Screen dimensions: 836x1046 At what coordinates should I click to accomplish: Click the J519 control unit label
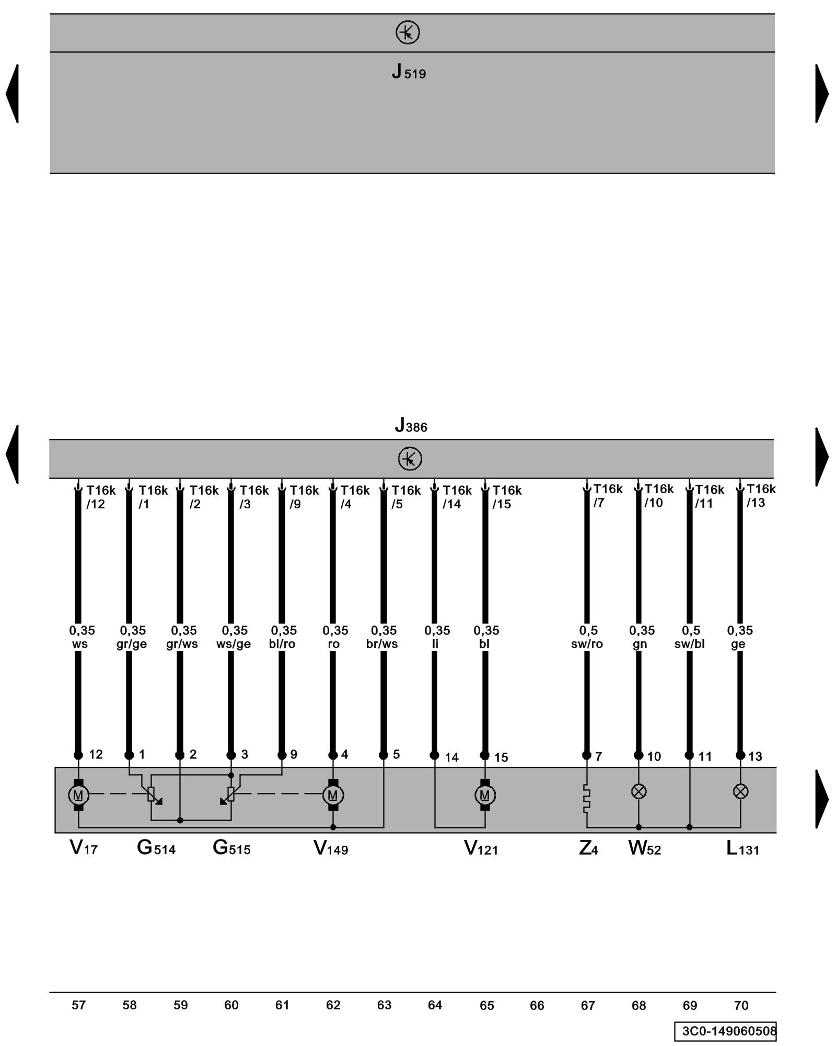pyautogui.click(x=409, y=72)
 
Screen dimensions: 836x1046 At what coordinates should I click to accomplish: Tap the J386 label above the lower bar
pyautogui.click(x=411, y=425)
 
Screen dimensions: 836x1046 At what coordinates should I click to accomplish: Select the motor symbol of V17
pyautogui.click(x=78, y=795)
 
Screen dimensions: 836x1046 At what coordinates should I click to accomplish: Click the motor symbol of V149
pyautogui.click(x=333, y=795)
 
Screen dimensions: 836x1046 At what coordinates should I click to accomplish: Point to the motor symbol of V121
pyautogui.click(x=485, y=795)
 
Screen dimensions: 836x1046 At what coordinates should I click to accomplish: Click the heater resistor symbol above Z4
pyautogui.click(x=586, y=798)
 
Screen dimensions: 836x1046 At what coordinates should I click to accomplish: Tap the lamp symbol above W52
pyautogui.click(x=638, y=792)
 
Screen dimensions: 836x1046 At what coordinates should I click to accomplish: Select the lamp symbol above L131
pyautogui.click(x=740, y=792)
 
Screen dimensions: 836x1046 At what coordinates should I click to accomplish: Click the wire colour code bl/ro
pyautogui.click(x=282, y=644)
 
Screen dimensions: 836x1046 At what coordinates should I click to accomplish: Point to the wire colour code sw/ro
pyautogui.click(x=587, y=644)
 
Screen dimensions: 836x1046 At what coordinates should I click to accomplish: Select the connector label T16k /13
pyautogui.click(x=760, y=496)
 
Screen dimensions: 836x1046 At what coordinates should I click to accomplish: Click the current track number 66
pyautogui.click(x=537, y=1005)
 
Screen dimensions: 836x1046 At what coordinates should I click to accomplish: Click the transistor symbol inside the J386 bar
pyautogui.click(x=410, y=459)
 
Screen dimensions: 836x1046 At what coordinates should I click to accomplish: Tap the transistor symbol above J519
pyautogui.click(x=408, y=32)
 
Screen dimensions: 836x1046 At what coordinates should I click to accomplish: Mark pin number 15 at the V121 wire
pyautogui.click(x=501, y=757)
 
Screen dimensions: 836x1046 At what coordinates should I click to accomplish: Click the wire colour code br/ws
pyautogui.click(x=382, y=644)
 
